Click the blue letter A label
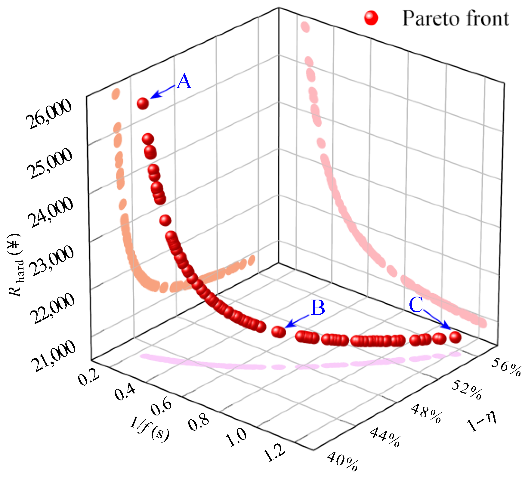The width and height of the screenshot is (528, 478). [184, 82]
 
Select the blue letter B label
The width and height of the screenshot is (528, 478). [318, 308]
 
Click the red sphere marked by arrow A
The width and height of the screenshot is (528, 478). [143, 103]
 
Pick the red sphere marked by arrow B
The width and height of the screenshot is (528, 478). [278, 332]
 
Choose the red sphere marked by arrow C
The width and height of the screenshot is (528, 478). [455, 337]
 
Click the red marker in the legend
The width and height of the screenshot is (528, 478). [371, 18]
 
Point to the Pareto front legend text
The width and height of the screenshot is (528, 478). [455, 18]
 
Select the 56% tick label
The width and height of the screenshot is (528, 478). [506, 367]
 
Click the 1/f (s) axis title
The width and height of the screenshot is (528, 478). [150, 429]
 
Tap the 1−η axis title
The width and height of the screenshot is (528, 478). [482, 421]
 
